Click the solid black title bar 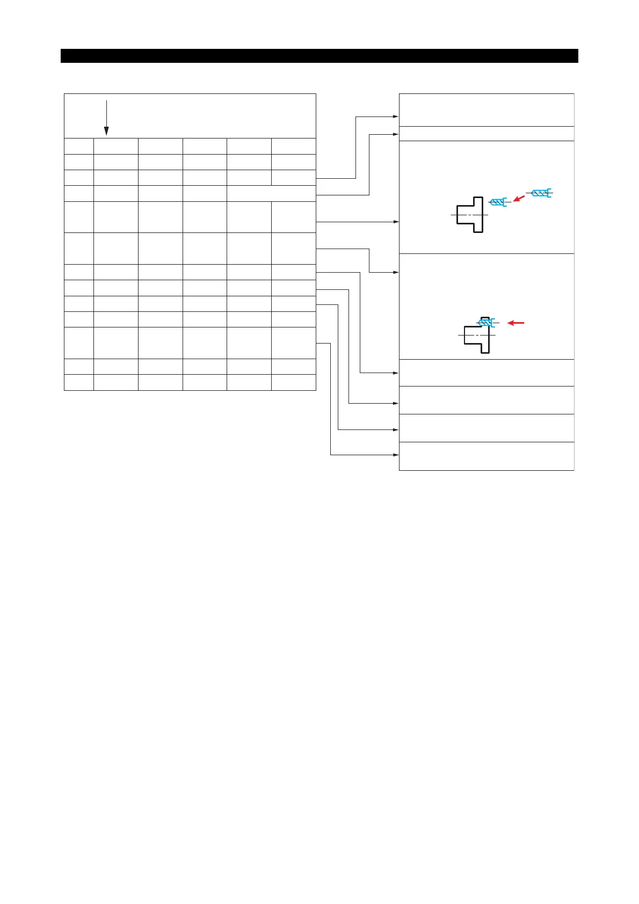[319, 56]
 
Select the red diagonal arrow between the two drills [519, 199]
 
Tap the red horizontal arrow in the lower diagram [515, 323]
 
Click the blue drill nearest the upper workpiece [498, 202]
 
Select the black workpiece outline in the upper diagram [470, 215]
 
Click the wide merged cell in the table [271, 194]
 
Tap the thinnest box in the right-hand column [486, 134]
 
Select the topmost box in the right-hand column [486, 110]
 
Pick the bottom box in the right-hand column [486, 456]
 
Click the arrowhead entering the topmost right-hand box [396, 116]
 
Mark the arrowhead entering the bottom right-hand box [396, 455]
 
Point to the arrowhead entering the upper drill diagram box [396, 221]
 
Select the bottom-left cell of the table [79, 382]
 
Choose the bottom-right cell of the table [293, 382]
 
